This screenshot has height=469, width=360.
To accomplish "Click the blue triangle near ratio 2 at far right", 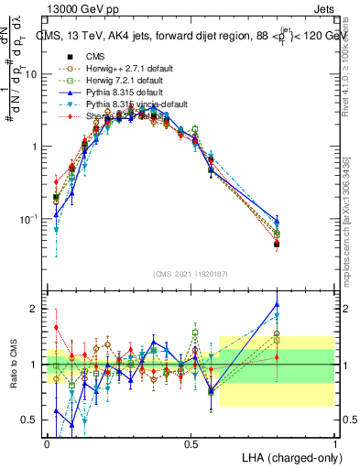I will click(278, 305).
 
